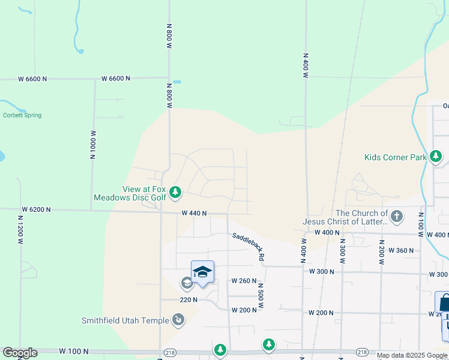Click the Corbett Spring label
point(22,115)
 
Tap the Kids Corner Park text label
point(395,158)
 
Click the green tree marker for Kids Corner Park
point(436,157)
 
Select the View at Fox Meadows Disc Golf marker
point(175,192)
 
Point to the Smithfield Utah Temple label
point(125,320)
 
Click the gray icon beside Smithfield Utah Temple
point(178,320)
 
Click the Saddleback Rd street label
point(249,247)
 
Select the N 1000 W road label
point(93,143)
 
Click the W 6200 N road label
point(36,209)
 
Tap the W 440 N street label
point(194,213)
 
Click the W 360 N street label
point(401,250)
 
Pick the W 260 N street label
point(244,281)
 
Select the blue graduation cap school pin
point(202,272)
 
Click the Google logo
point(20,353)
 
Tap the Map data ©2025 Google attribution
point(412,355)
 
